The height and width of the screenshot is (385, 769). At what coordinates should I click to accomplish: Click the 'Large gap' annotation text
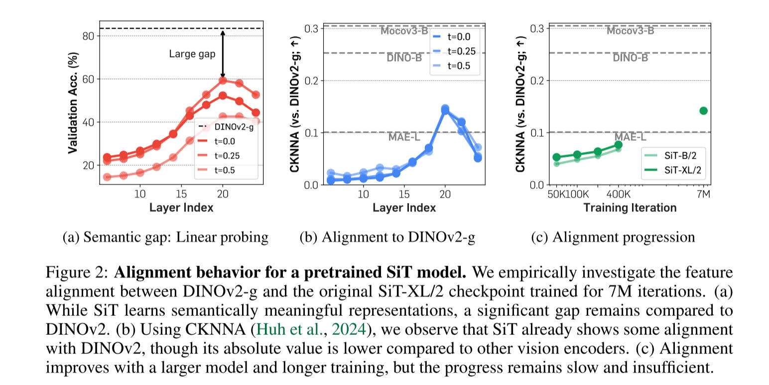click(192, 54)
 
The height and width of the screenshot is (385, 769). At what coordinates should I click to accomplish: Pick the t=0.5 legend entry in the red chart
click(226, 170)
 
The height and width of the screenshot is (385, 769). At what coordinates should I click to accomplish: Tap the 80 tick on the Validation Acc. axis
click(89, 36)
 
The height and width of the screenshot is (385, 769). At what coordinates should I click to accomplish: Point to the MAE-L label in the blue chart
click(404, 137)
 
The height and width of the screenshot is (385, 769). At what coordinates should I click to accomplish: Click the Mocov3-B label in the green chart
click(630, 31)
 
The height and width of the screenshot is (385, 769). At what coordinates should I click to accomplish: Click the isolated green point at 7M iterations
click(703, 110)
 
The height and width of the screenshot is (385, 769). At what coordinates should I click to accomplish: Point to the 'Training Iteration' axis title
click(630, 207)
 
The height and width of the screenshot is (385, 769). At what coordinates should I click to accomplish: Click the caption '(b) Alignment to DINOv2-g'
click(387, 237)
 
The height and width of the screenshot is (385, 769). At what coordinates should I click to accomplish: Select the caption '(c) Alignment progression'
click(613, 237)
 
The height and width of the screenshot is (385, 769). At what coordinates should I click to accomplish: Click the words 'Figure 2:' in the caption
click(78, 273)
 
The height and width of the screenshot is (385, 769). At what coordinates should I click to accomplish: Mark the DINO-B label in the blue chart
click(404, 58)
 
